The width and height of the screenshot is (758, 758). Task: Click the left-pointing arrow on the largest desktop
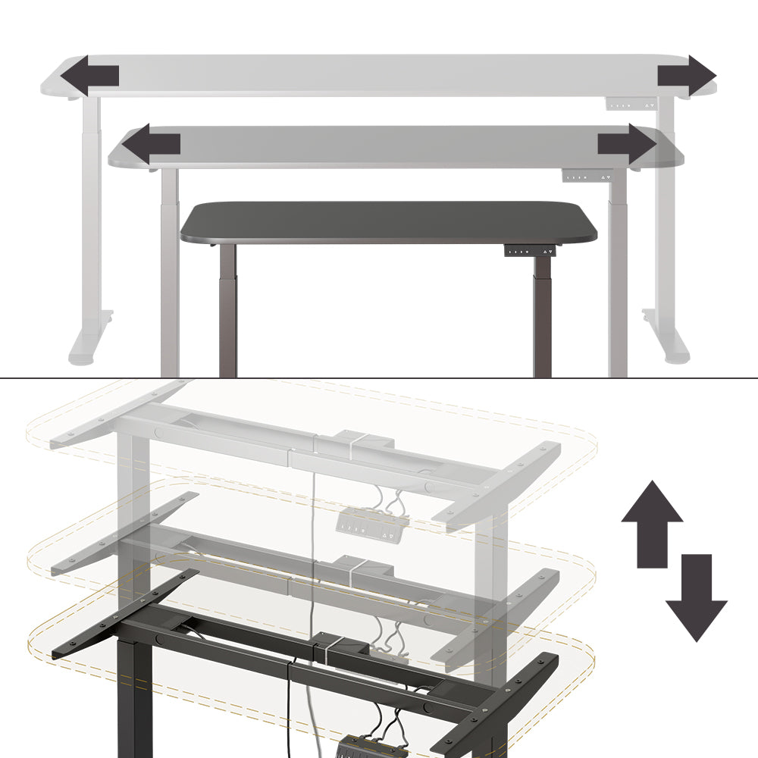coord(89,76)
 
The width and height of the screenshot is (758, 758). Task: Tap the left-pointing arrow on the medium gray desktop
coord(151,143)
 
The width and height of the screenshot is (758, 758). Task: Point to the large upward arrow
coord(652,523)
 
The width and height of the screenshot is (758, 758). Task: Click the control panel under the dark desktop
coord(529,251)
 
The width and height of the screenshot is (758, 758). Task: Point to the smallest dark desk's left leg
coord(228,311)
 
